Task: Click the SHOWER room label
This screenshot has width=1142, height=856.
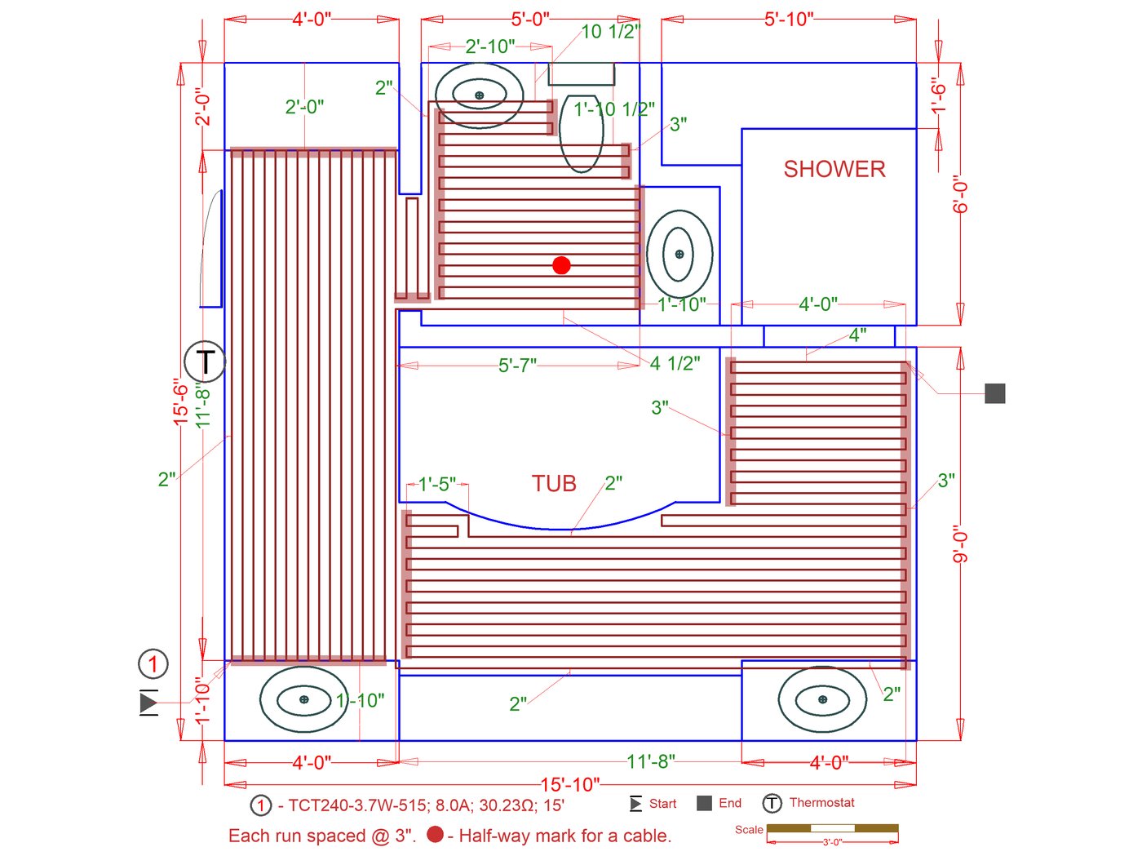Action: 834,169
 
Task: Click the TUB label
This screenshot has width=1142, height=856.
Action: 554,483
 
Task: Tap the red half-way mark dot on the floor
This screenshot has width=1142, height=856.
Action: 561,265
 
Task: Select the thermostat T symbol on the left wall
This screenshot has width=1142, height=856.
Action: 205,361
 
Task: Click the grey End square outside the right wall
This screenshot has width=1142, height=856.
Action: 994,393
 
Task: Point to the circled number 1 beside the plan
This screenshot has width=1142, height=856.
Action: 153,664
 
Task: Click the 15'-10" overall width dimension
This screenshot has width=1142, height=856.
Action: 570,784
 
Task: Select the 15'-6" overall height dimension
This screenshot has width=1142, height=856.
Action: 180,401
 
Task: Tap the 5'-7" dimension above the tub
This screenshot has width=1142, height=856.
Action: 517,366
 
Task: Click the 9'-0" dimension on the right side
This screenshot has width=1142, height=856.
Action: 960,548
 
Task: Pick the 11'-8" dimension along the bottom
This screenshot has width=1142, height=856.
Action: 650,762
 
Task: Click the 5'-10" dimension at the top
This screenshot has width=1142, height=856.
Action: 788,20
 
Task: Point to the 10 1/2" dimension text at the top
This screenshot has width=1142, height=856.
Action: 610,32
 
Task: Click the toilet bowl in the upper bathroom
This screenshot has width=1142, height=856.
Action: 581,133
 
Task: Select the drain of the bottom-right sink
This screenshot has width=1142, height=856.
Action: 822,699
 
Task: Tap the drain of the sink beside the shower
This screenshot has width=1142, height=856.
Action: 679,254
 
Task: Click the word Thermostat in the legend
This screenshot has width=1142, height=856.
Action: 821,802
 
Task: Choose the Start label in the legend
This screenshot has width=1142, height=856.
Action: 662,804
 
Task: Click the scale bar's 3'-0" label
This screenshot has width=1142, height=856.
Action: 832,842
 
